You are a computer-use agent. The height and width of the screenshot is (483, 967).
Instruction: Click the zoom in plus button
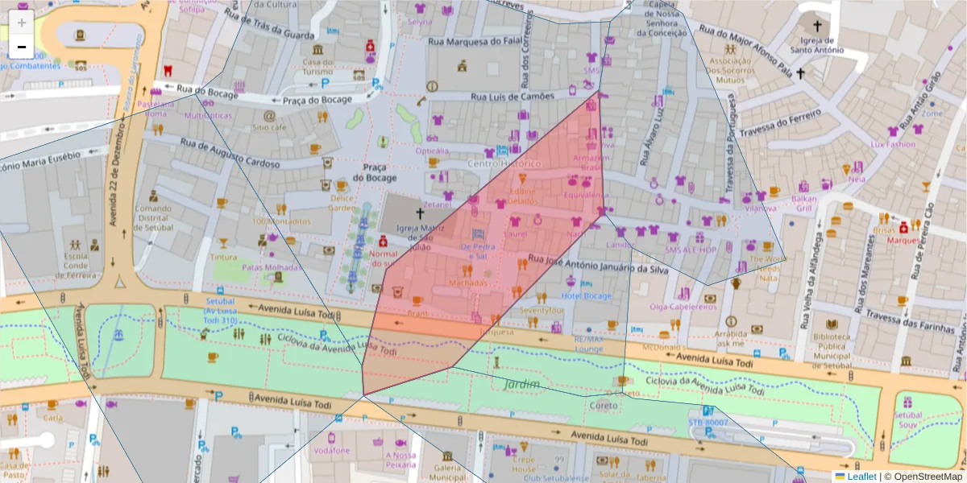(22, 23)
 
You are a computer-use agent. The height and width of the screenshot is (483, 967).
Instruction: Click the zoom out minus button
(22, 47)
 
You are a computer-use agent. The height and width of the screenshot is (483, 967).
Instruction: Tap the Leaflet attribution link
(860, 476)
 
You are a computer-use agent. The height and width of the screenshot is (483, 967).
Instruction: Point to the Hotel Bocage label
(587, 296)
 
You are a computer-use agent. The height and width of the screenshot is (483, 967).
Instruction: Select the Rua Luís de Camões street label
(513, 97)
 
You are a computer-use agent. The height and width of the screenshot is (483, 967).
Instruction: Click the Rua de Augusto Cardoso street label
(230, 154)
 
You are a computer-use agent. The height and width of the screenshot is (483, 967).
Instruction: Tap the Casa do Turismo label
(318, 67)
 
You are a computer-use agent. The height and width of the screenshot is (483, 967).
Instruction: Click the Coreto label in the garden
(604, 406)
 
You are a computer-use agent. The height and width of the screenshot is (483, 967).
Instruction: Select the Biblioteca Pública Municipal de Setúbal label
(831, 345)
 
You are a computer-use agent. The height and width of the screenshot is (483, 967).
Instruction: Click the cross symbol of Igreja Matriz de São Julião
(419, 213)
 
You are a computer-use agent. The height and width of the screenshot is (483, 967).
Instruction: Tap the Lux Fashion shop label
(893, 144)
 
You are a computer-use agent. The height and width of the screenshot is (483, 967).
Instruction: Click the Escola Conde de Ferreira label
(76, 265)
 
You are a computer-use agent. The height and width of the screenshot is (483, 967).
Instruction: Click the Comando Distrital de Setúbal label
(152, 217)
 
